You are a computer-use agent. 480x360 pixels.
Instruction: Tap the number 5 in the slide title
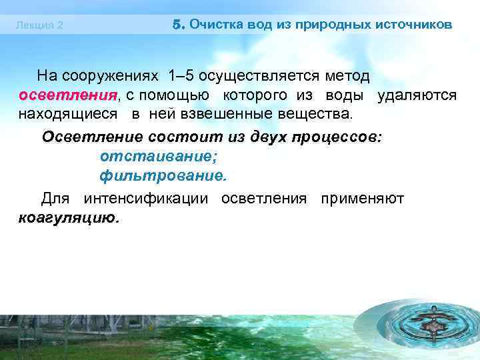tap(177, 25)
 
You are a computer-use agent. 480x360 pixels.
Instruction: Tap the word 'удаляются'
tap(417, 95)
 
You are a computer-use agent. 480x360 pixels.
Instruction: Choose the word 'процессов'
tap(333, 137)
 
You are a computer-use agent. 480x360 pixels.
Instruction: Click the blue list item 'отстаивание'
tap(159, 156)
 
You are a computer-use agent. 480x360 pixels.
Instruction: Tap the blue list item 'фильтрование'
tap(163, 176)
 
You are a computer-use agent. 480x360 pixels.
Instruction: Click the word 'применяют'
tap(362, 198)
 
